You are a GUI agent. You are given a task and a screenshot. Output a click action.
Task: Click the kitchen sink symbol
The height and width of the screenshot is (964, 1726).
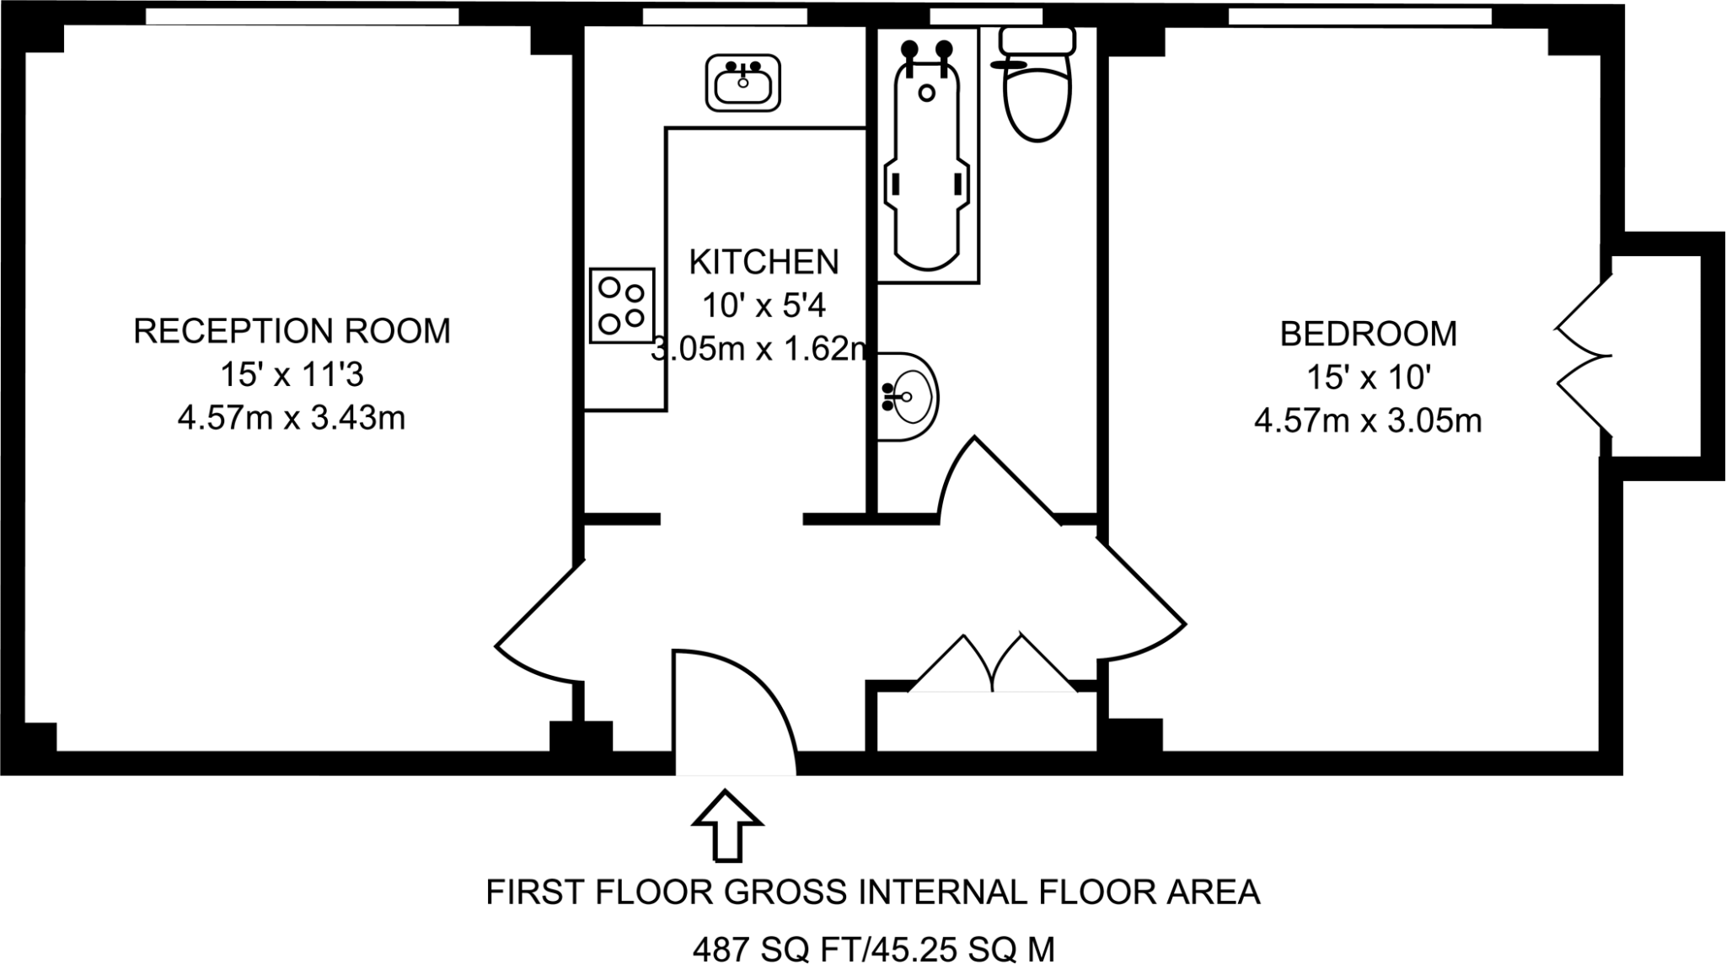pos(742,83)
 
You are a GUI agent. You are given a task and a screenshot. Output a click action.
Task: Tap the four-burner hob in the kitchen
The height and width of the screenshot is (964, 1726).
pos(622,305)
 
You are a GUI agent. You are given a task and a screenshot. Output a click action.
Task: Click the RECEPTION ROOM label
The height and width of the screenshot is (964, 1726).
pos(292,331)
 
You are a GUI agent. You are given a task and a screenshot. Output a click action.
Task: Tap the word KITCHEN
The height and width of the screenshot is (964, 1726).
pos(764,262)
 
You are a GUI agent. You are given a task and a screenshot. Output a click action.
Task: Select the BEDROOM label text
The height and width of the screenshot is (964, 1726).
pos(1368,334)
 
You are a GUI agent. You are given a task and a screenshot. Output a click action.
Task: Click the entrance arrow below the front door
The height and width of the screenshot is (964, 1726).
pos(727,826)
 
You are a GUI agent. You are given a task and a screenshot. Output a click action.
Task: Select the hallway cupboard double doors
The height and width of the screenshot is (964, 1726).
pos(993,666)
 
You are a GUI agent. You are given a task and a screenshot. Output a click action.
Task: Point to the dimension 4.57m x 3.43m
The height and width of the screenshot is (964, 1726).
pos(292,418)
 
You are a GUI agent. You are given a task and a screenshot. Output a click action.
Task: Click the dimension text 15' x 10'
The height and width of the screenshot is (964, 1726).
pos(1368,378)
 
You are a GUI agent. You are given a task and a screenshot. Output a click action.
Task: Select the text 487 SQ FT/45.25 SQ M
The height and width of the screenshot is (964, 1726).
pos(873,950)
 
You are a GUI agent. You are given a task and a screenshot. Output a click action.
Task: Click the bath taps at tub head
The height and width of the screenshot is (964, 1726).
pos(927,51)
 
